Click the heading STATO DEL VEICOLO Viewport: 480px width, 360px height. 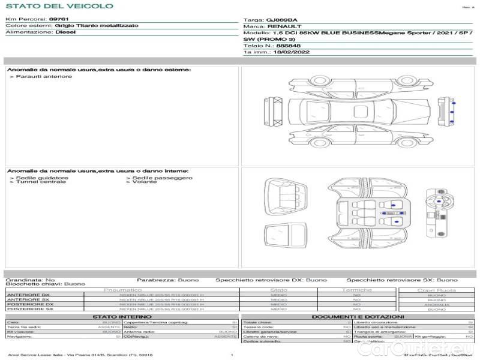click(x=59, y=6)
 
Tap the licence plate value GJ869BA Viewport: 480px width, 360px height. click(x=281, y=20)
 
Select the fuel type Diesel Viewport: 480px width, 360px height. click(x=65, y=32)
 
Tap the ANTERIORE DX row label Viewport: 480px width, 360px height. click(x=28, y=295)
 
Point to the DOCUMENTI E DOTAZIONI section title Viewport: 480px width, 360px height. click(x=358, y=316)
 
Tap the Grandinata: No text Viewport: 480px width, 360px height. click(x=30, y=280)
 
